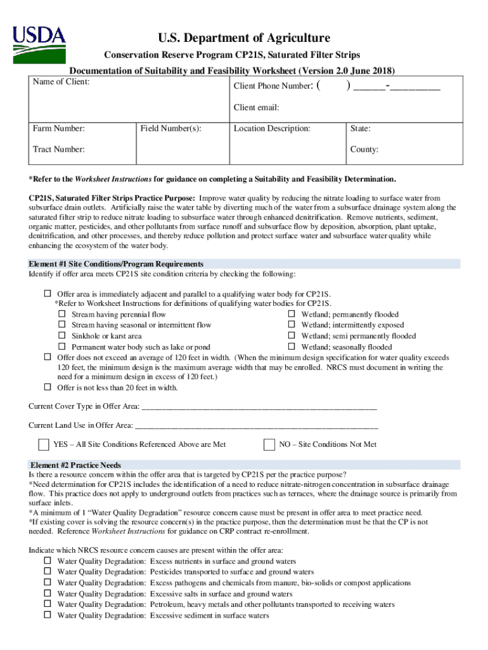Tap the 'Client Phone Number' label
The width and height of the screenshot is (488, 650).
click(273, 86)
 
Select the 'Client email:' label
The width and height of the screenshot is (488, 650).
click(256, 107)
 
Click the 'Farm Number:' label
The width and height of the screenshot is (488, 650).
click(59, 129)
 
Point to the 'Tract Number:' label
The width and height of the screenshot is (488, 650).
click(58, 149)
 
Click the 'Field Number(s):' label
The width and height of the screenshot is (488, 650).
click(170, 129)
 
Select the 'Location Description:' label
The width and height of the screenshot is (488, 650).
click(272, 129)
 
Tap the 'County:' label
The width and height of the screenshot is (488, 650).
click(364, 150)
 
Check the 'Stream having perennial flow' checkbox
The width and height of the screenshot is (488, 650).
click(62, 314)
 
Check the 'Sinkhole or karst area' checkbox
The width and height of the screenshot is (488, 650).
click(62, 336)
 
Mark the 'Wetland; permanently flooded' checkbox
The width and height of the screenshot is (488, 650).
click(292, 314)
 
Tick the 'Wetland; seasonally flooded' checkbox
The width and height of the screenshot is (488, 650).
click(292, 347)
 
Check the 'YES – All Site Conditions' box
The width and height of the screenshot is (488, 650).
click(44, 444)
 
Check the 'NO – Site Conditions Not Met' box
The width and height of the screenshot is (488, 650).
click(269, 444)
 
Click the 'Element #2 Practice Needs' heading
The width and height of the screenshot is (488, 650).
click(75, 465)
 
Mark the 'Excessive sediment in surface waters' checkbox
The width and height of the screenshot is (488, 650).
click(48, 615)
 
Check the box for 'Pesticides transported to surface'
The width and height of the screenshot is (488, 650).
click(48, 572)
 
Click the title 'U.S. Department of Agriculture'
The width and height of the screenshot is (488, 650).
click(244, 38)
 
